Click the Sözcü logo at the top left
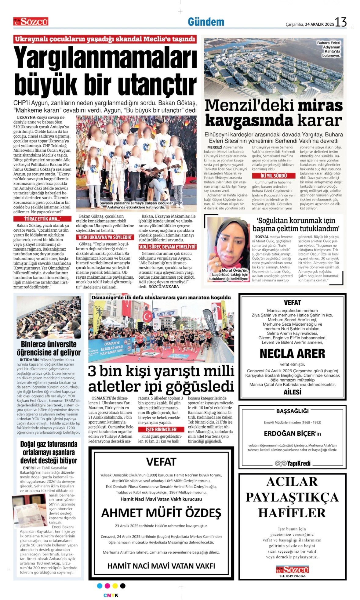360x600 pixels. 31,21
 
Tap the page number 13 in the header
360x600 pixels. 341,22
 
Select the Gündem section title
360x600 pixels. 206,22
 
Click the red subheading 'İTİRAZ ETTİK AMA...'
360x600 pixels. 42,219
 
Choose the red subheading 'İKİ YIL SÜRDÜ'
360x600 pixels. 274,176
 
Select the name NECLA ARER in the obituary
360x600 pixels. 292,354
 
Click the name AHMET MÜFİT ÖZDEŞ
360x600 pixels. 161,513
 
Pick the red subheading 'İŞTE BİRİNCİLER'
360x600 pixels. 161,429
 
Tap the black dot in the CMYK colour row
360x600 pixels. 123,586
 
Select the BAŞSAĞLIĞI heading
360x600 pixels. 292,411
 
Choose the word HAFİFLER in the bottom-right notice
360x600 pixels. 292,513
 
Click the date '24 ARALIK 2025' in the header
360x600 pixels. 319,24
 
